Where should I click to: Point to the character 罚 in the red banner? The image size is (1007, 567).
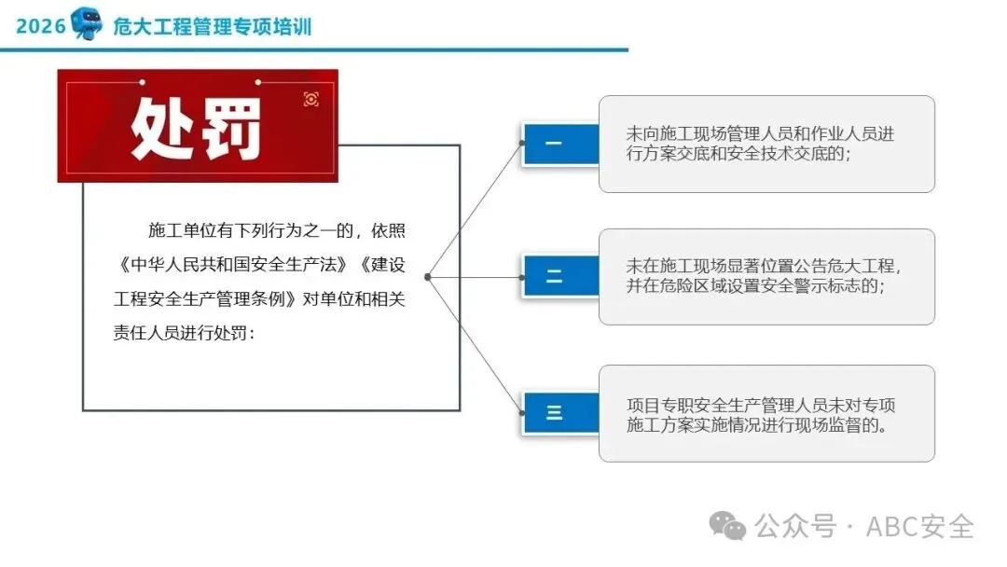point(229,127)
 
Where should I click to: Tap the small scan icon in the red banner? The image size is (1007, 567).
point(311,99)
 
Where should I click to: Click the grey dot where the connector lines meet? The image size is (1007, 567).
point(427,277)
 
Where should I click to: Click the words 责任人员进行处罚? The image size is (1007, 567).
point(182,333)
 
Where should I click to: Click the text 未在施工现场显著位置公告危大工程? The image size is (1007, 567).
point(765,267)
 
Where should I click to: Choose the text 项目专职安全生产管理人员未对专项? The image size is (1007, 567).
point(761,405)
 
